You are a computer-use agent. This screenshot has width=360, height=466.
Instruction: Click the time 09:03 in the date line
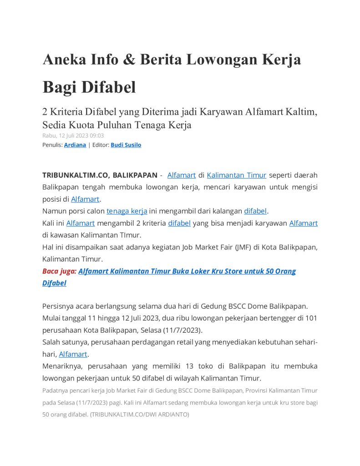pyautogui.click(x=96, y=135)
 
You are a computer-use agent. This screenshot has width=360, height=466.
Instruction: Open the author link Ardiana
pyautogui.click(x=75, y=145)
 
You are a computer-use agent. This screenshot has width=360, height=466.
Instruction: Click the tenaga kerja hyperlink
pyautogui.click(x=127, y=211)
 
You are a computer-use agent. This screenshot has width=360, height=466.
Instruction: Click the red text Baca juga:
pyautogui.click(x=59, y=271)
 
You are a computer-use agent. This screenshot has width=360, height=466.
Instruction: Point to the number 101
pyautogui.click(x=311, y=318)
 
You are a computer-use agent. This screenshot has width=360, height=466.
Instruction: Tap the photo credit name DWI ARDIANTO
pyautogui.click(x=166, y=415)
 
